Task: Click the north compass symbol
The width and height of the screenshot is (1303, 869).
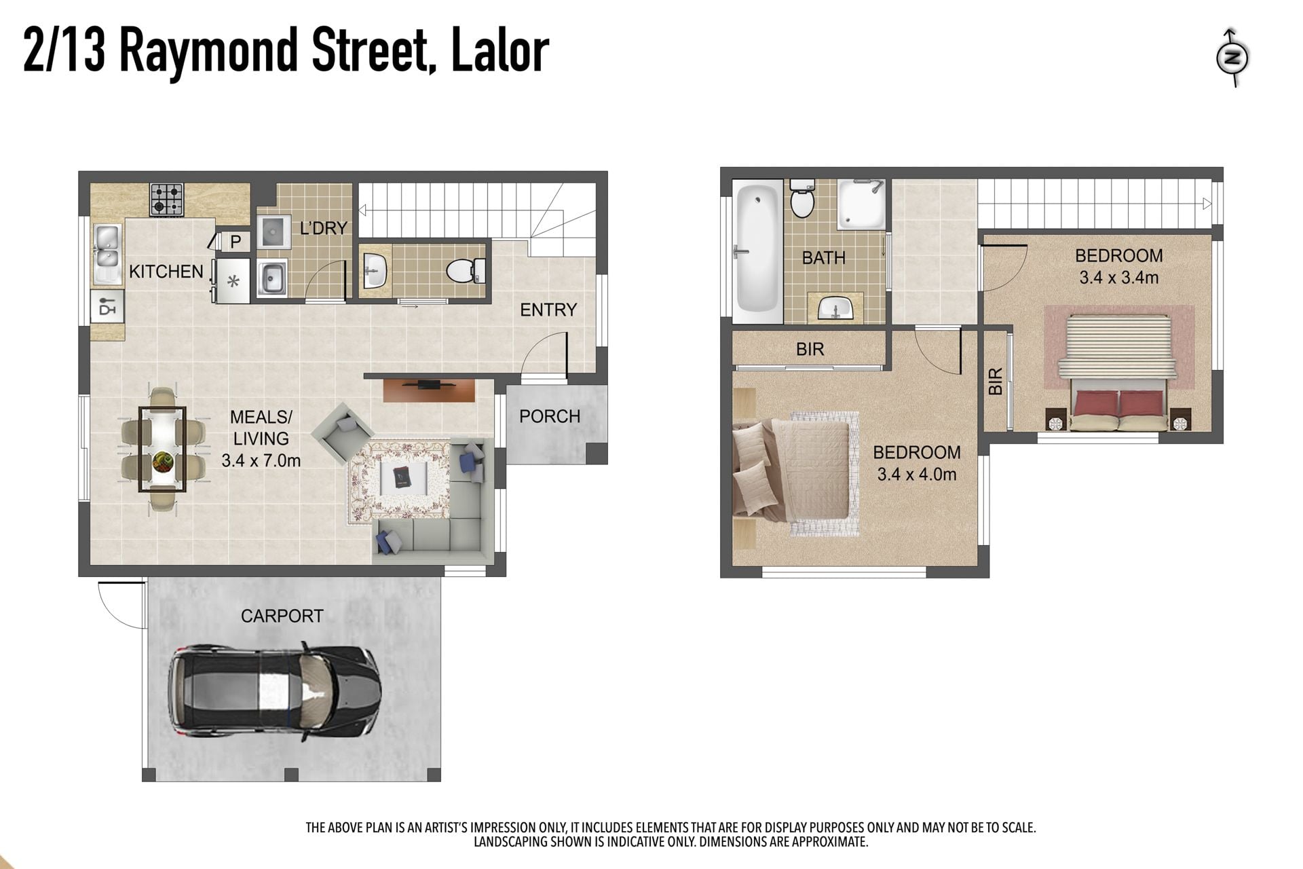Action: point(1232,58)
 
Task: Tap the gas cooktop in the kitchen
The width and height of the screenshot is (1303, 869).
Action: point(167,199)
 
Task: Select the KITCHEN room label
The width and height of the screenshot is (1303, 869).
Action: point(166,272)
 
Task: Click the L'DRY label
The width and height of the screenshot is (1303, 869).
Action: point(324,228)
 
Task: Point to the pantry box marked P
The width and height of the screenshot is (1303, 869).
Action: point(235,241)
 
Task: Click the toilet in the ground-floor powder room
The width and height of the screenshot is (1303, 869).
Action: point(466,271)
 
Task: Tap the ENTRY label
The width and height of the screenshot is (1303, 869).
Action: point(548,310)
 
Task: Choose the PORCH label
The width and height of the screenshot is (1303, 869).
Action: point(550,416)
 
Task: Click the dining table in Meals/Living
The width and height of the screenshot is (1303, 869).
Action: point(162,449)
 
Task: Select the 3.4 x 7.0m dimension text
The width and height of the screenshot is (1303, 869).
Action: point(261,460)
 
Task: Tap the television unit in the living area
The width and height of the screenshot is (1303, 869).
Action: point(429,390)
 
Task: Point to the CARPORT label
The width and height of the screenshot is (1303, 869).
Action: point(282,616)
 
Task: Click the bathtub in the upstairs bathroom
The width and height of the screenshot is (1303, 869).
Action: point(757,250)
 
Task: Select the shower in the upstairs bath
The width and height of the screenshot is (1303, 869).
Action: point(861,204)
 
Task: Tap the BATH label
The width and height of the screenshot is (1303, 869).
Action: point(823,257)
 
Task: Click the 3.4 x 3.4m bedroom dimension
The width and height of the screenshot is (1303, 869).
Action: point(1119,277)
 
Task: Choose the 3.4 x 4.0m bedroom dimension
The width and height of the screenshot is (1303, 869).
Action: point(917,474)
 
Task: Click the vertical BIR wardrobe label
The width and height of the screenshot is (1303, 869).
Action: point(996,382)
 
